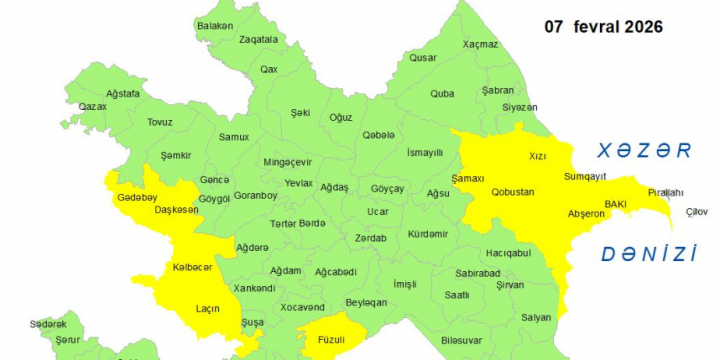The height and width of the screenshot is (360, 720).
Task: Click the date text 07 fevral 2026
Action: tap(603, 27)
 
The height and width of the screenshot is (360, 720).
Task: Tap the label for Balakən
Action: tap(215, 25)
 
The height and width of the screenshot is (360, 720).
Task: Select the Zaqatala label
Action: tap(258, 40)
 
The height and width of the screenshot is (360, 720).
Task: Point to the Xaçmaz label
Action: tap(480, 45)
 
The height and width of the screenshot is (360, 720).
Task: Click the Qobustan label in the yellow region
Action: tap(513, 191)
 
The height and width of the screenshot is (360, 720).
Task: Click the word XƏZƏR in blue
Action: tap(644, 151)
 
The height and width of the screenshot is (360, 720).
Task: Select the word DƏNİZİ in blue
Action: tap(649, 254)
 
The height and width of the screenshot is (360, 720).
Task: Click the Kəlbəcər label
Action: tap(192, 267)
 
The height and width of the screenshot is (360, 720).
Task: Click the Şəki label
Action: tap(300, 112)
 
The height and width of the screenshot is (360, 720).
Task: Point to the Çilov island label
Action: tap(695, 212)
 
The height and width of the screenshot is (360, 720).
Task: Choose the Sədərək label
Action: tap(48, 324)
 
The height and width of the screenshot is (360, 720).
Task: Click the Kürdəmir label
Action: tap(428, 233)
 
